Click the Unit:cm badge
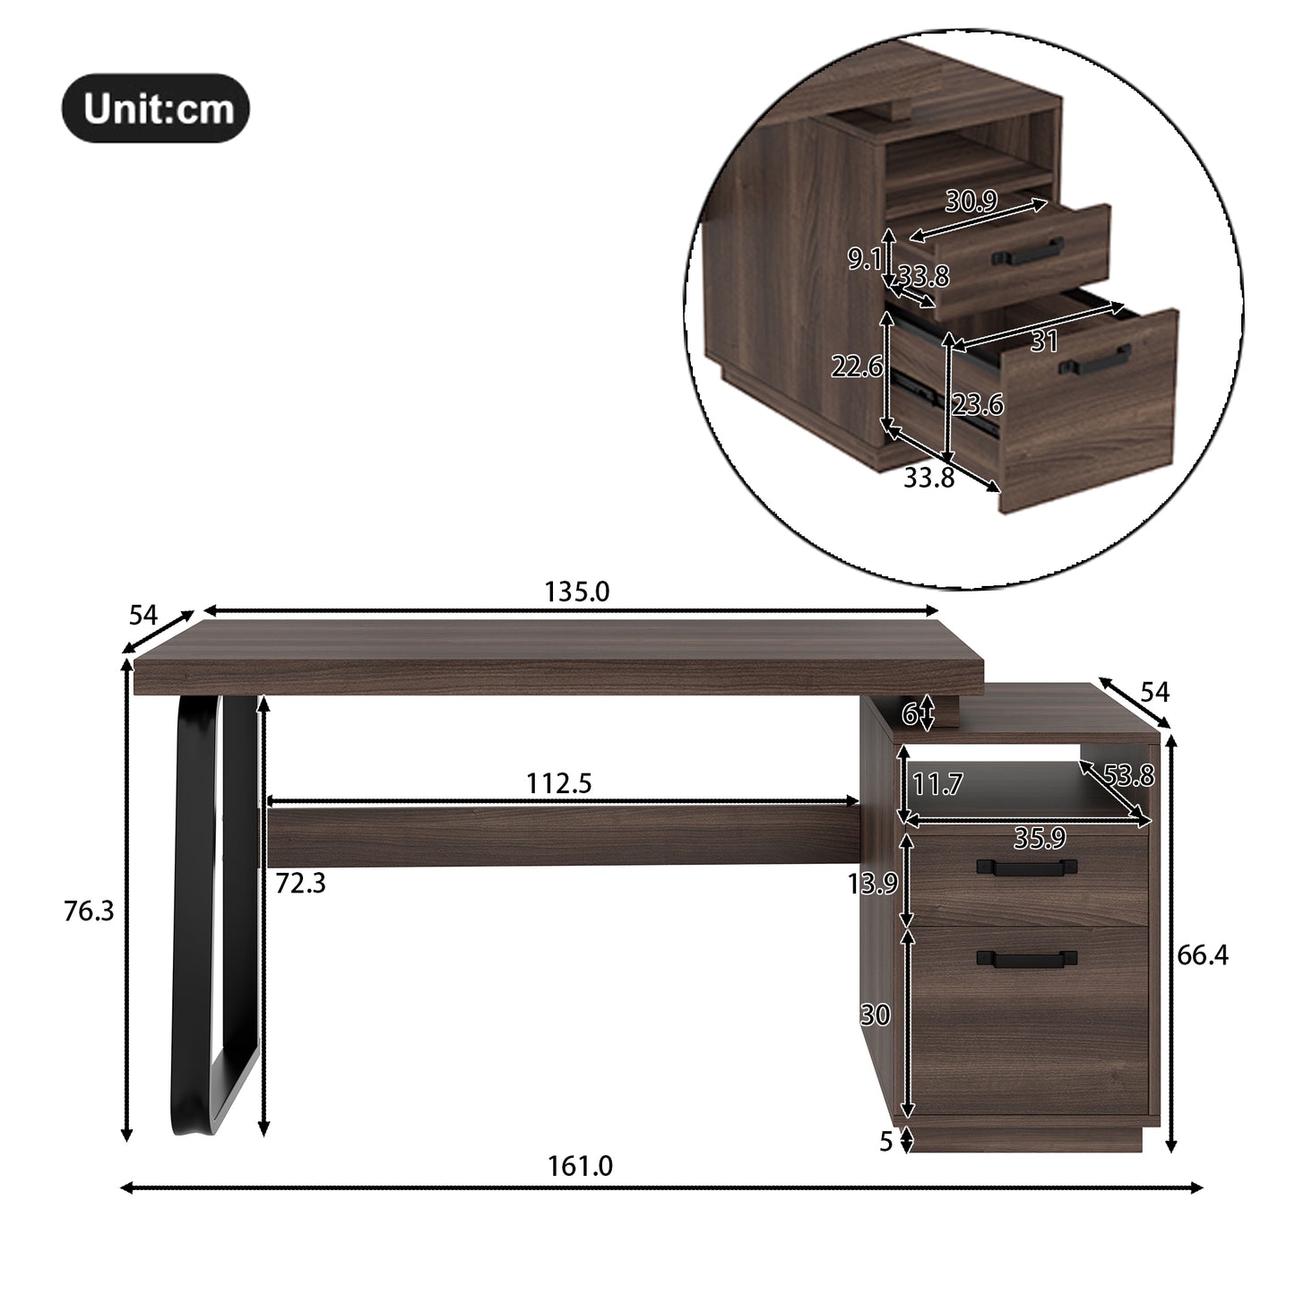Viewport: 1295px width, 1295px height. click(x=155, y=108)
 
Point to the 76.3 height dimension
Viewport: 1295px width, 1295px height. click(x=89, y=911)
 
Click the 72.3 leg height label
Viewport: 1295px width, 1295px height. click(x=300, y=884)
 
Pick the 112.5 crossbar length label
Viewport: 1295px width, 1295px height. click(x=558, y=783)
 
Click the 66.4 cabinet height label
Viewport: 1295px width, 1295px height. click(x=1202, y=955)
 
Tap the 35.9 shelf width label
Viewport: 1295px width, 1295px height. click(x=1039, y=838)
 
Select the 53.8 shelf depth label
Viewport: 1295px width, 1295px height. click(x=1127, y=774)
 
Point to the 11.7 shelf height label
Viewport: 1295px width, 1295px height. click(x=937, y=785)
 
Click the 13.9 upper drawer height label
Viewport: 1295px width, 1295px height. click(x=872, y=884)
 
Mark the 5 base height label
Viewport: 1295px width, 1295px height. click(x=885, y=1142)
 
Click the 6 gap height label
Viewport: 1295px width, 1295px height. click(x=910, y=713)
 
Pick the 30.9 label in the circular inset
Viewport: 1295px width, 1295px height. click(x=971, y=202)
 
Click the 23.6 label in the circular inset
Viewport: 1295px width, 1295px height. click(x=977, y=405)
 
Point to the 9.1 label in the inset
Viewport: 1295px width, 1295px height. click(x=865, y=260)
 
